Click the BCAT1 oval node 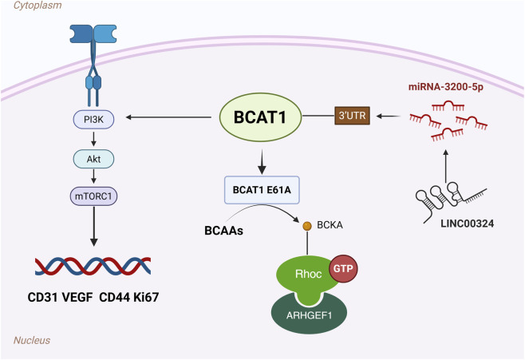(x=260, y=117)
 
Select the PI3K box (x=94, y=119)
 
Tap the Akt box (x=94, y=159)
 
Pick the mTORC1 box (x=93, y=196)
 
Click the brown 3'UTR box (x=352, y=116)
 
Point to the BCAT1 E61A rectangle (x=262, y=190)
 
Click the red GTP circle (x=344, y=268)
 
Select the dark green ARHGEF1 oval (x=309, y=314)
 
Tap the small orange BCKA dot (x=307, y=226)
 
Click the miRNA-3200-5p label (x=446, y=87)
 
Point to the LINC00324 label (x=467, y=224)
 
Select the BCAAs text (x=223, y=231)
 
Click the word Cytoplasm (x=37, y=6)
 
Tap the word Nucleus (x=32, y=340)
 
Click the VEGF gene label (x=77, y=297)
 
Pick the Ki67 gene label (x=146, y=297)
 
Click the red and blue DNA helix (x=93, y=267)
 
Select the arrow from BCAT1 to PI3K (x=168, y=117)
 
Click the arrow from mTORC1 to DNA (x=94, y=227)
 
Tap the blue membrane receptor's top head (x=93, y=34)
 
